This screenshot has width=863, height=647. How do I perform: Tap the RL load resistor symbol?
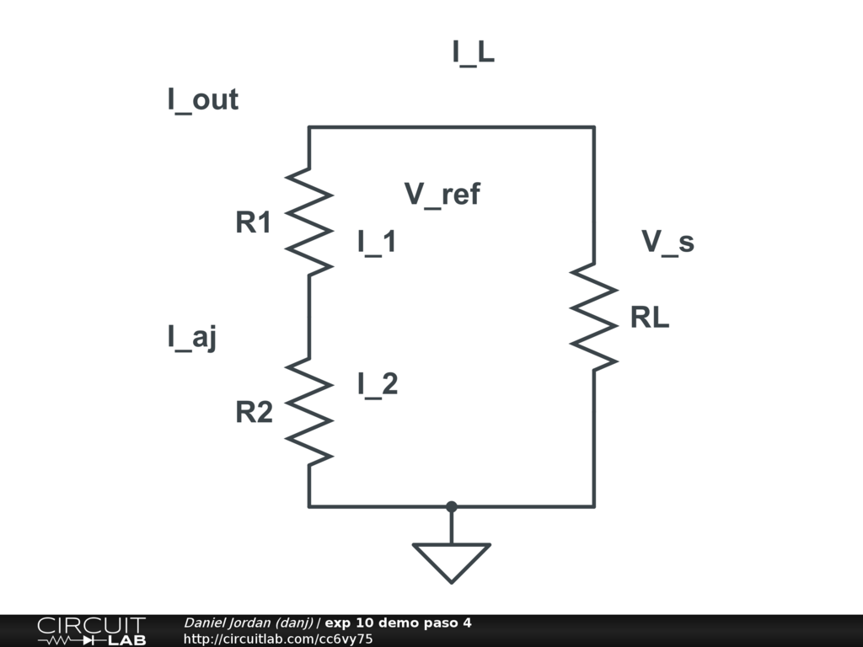pos(594,317)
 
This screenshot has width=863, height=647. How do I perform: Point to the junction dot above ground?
pos(451,506)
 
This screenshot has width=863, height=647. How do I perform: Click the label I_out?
pos(202,100)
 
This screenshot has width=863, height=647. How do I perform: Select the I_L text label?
pos(473,53)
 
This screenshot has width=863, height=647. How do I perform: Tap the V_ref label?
pos(442,195)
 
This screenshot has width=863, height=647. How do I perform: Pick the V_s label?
pos(667,242)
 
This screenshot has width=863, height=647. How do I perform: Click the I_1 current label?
pos(377,243)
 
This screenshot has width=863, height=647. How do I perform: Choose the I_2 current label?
pos(377,384)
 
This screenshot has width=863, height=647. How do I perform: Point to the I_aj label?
pos(192,338)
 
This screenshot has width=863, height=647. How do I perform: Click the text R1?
pos(254,223)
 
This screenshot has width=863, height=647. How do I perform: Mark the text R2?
pos(254,413)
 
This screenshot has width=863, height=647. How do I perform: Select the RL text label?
pos(650,318)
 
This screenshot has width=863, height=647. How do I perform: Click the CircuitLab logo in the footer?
pos(91,631)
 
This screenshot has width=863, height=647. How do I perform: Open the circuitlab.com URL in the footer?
pos(278,639)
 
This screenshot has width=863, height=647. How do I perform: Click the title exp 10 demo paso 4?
pos(398,623)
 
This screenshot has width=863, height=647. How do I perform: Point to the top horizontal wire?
pos(451,127)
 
